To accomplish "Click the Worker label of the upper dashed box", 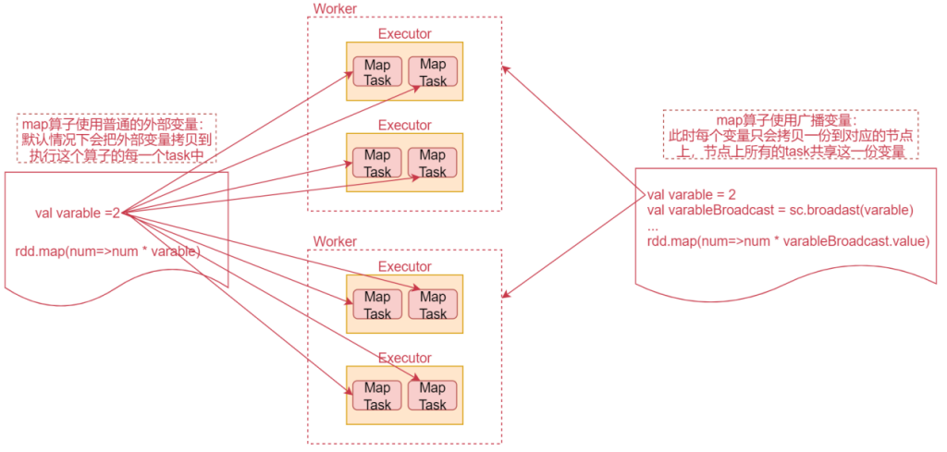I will (x=335, y=8).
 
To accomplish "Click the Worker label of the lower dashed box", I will (x=335, y=241).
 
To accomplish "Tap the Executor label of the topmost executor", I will (x=404, y=34).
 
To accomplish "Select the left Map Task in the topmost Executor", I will (x=377, y=72).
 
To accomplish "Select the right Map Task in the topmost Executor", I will (x=433, y=72).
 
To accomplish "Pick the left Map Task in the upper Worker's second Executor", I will (x=377, y=164).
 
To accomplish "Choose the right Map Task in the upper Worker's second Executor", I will (x=433, y=164).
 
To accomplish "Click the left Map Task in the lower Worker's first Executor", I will (x=377, y=305).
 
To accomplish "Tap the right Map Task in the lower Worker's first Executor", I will (x=433, y=305).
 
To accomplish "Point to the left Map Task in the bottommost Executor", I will (x=377, y=396).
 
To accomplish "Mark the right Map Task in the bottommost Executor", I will (x=433, y=396).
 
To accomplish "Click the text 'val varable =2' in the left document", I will (x=78, y=214).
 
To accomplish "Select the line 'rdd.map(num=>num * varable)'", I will (x=107, y=251).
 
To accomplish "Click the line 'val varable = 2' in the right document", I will (x=691, y=194).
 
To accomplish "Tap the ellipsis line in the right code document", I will (x=653, y=226).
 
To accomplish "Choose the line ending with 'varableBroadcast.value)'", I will (x=787, y=241).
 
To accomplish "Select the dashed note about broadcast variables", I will (x=789, y=135).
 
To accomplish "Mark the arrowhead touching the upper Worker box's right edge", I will (x=505, y=67).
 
